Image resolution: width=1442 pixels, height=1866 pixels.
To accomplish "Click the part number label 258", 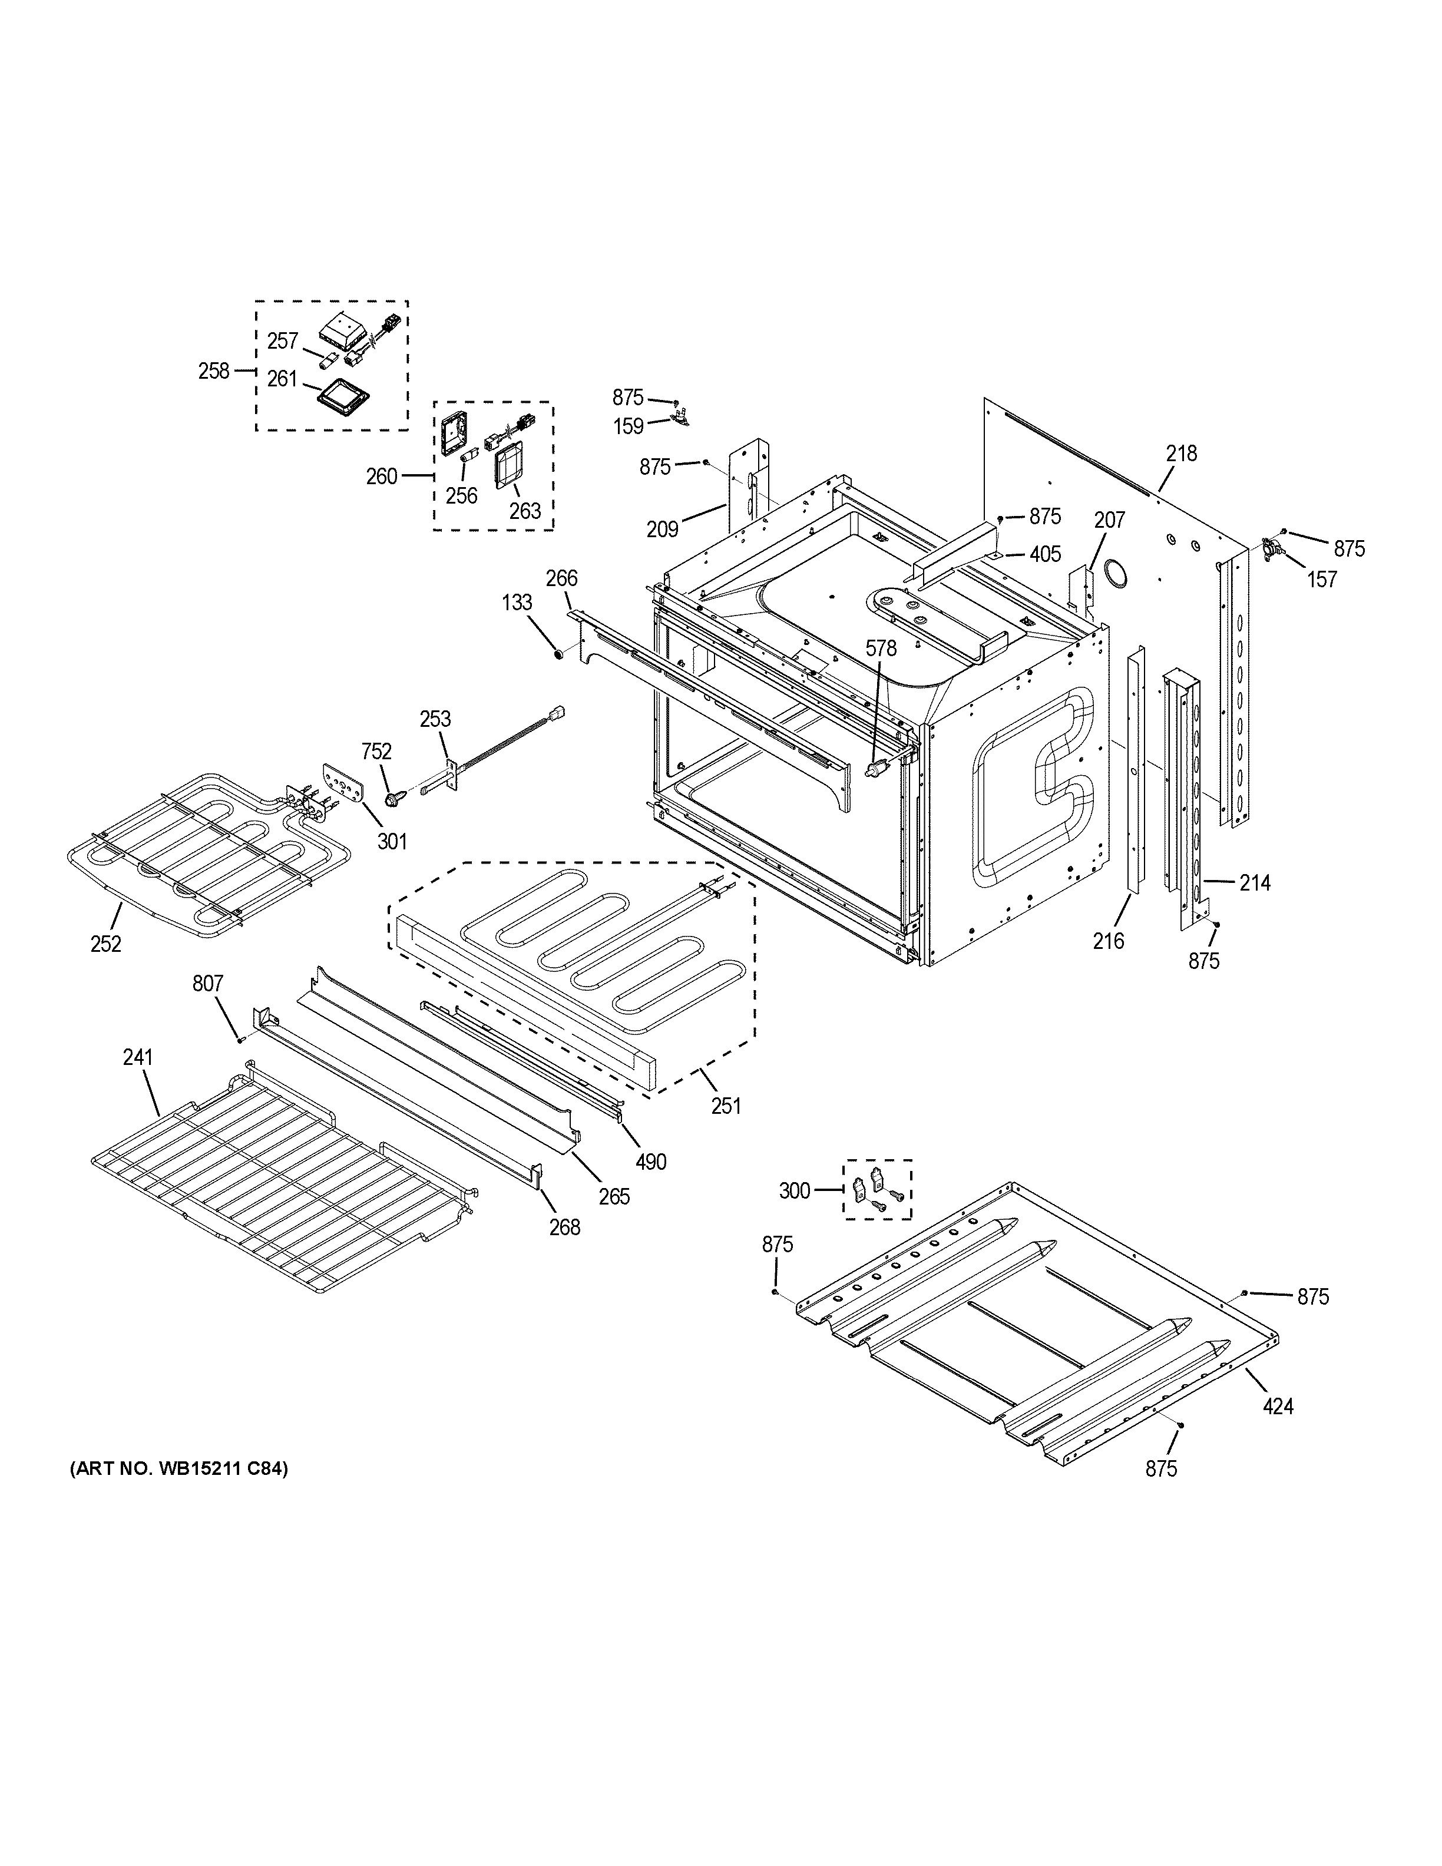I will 214,371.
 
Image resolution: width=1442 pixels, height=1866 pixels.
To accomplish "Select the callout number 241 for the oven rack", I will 137,1058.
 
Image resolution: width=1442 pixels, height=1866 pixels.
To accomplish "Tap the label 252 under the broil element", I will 106,944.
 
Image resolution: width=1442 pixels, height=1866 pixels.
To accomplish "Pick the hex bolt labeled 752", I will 395,799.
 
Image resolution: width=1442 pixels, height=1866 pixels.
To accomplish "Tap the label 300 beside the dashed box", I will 795,1190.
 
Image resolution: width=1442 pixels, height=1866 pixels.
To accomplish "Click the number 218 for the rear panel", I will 1182,454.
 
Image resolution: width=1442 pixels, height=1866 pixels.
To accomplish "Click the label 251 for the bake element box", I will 726,1106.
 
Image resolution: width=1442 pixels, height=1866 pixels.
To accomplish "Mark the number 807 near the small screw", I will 207,984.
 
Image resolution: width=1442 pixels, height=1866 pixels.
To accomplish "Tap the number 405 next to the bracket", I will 1045,554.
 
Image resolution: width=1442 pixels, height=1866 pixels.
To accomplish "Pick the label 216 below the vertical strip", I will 1108,941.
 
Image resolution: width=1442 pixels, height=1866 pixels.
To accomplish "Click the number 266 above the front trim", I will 561,578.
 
